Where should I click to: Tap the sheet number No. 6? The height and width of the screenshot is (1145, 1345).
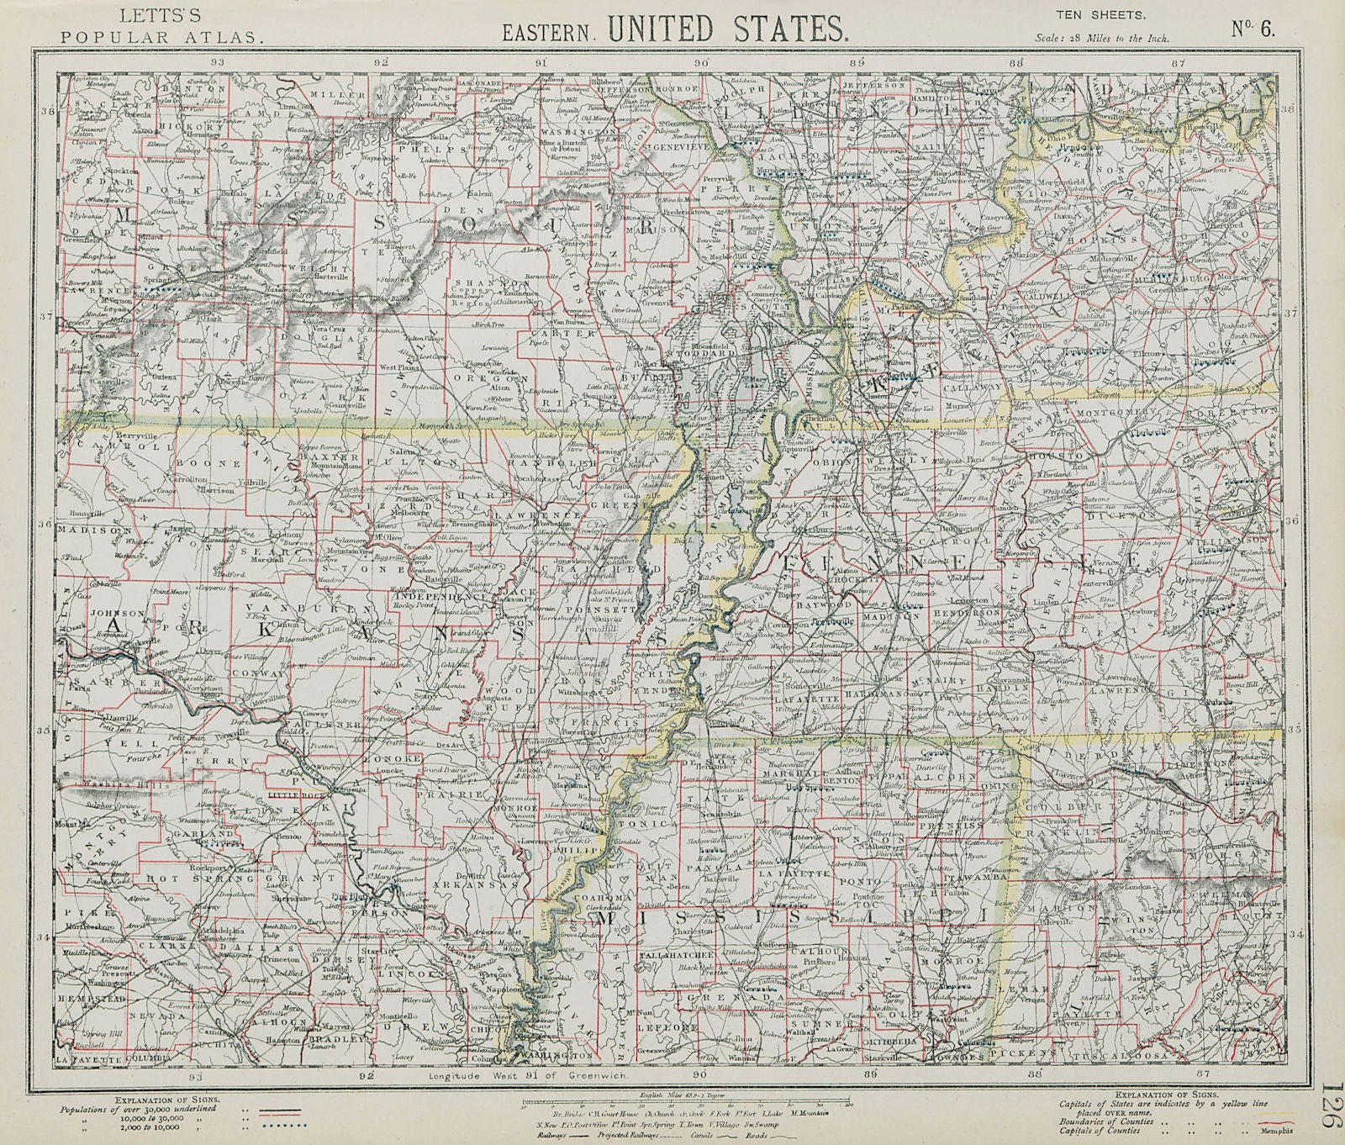point(1254,29)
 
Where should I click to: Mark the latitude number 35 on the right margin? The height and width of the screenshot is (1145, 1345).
point(1295,730)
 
